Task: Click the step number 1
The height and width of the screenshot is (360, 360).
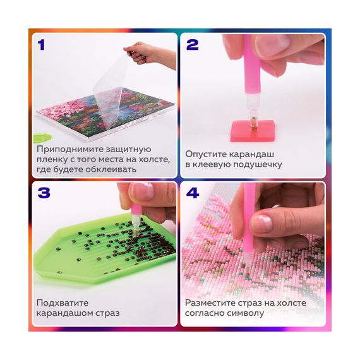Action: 41,45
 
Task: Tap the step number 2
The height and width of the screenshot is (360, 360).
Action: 192,45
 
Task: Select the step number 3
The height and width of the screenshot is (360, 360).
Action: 44,193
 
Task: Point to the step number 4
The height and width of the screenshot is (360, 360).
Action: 193,193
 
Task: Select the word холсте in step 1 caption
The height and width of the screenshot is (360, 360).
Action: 154,159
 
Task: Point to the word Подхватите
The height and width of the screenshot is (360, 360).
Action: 63,303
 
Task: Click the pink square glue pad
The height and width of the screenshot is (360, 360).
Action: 253,130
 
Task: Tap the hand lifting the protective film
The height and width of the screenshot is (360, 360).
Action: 149,54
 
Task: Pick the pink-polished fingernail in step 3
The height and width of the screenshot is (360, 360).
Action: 141,191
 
